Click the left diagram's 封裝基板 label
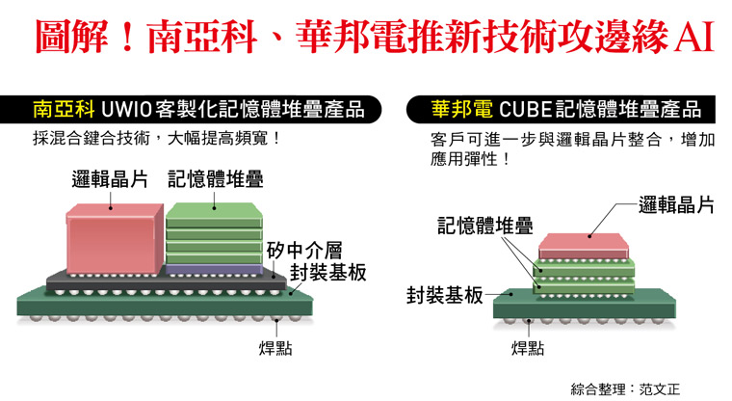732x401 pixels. pos(327,273)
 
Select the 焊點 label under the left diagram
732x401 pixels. pos(275,348)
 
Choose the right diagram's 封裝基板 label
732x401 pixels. pos(444,295)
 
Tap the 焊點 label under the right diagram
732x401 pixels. pos(527,348)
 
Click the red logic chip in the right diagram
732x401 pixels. pos(584,246)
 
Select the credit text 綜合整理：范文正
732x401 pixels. pos(625,388)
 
